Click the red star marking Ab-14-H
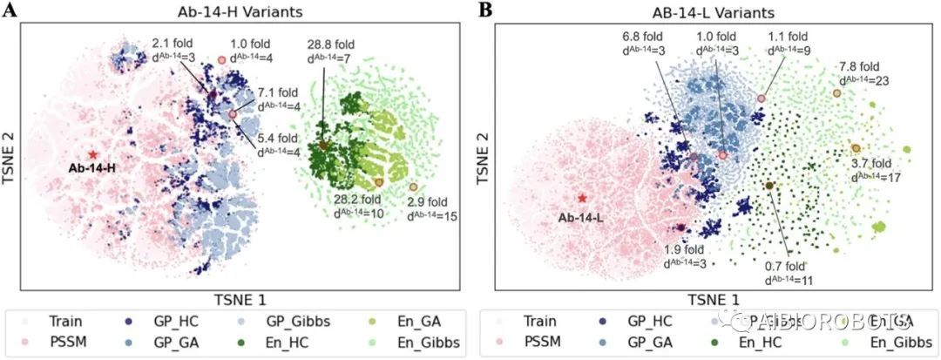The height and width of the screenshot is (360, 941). pyautogui.click(x=93, y=153)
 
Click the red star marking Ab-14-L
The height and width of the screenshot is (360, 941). pyautogui.click(x=582, y=199)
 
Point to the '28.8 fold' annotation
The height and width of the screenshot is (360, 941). pyautogui.click(x=331, y=43)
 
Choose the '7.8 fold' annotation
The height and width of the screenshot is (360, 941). pyautogui.click(x=863, y=67)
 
